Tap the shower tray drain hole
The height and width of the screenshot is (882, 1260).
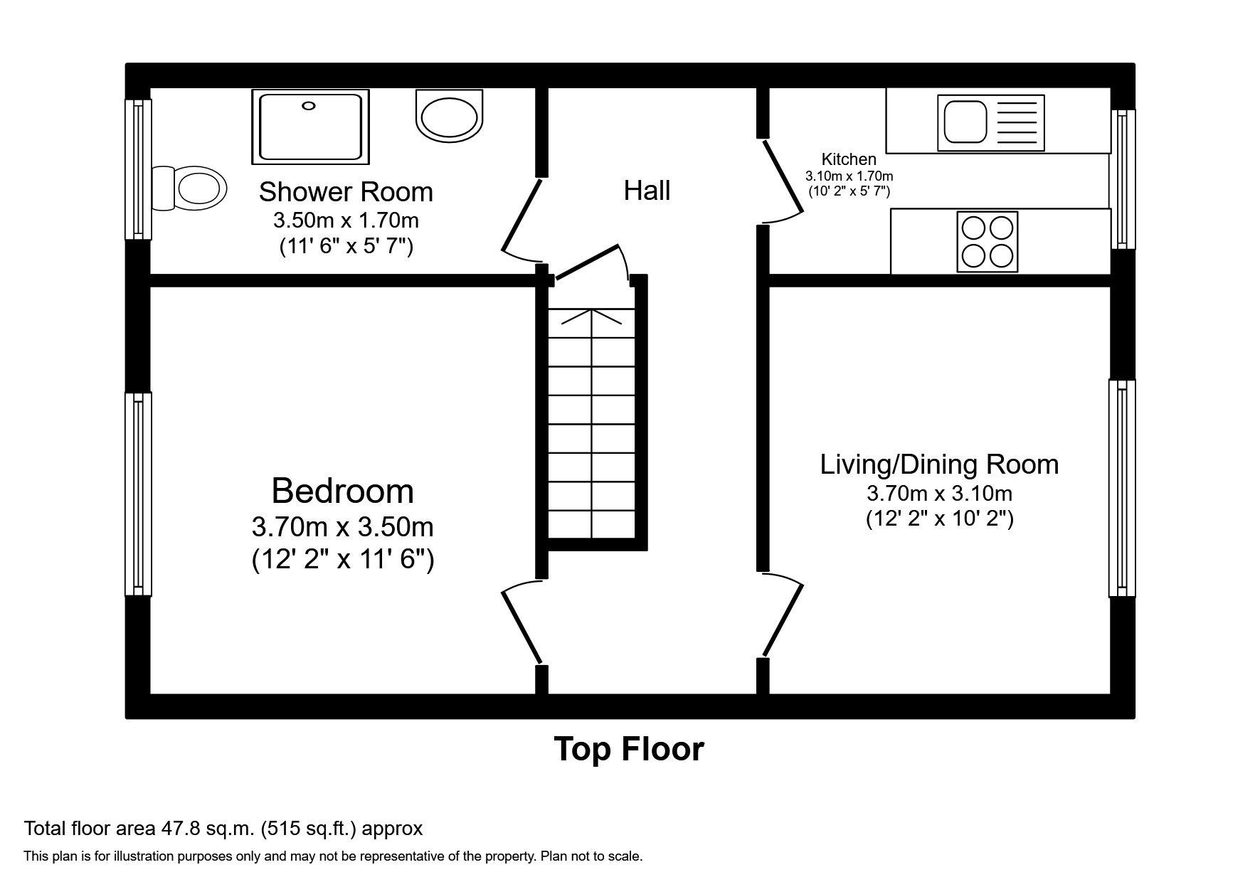[x=308, y=106]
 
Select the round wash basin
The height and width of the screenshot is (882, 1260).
[x=449, y=116]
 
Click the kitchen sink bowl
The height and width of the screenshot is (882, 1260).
[x=965, y=122]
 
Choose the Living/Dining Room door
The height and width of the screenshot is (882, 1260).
[x=783, y=615]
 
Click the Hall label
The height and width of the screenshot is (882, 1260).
[x=647, y=191]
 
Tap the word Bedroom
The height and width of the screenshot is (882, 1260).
[x=342, y=492]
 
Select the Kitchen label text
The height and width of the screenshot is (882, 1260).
[x=849, y=159]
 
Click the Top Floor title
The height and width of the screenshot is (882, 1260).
[x=629, y=750]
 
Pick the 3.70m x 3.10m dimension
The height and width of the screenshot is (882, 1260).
[x=939, y=493]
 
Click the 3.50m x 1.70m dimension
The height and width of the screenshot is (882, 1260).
[x=346, y=220]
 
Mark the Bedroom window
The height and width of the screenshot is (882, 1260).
[x=138, y=494]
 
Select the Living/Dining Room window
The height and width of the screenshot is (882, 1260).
[x=1122, y=488]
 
